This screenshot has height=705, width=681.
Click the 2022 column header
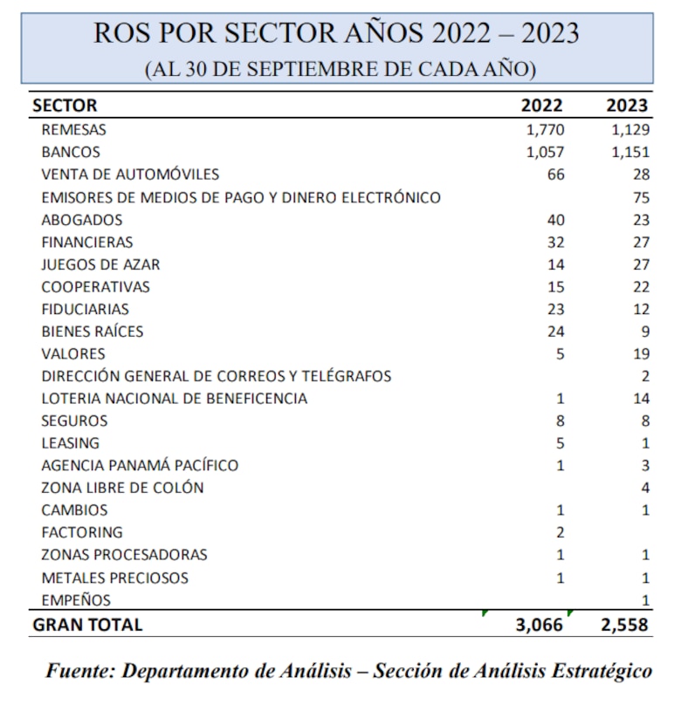(542, 106)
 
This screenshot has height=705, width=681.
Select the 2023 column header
(628, 106)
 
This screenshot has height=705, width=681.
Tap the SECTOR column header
(65, 106)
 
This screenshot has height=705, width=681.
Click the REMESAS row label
(73, 130)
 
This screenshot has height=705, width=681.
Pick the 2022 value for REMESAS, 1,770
(546, 130)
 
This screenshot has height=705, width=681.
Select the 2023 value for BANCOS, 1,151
(630, 153)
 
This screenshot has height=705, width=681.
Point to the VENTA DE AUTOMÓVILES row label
(130, 175)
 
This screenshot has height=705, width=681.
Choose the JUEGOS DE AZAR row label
(100, 264)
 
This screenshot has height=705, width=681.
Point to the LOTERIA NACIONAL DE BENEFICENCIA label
(174, 399)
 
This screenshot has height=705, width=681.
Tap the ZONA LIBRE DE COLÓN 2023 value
(645, 488)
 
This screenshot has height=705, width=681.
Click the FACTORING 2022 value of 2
(560, 532)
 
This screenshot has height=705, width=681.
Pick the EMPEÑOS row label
(76, 599)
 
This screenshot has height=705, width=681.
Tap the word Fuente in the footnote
(79, 671)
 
